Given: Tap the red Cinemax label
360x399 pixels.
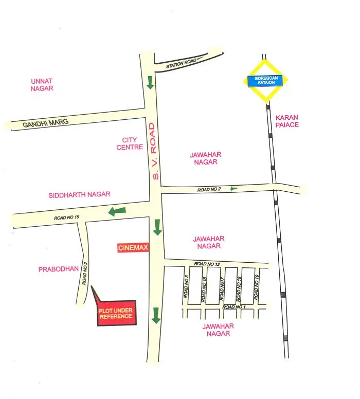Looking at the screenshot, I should coord(133,248).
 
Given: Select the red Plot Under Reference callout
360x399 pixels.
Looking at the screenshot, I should coord(116,313).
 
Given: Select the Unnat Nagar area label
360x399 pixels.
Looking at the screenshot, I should coord(42,85).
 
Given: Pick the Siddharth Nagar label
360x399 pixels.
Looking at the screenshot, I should coord(80,195).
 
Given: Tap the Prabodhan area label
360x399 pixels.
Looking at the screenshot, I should coord(58,269).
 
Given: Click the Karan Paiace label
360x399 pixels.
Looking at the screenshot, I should coord(287,121).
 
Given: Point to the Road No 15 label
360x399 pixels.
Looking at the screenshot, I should coord(66,217).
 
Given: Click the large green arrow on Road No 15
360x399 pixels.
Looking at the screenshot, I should coord(117,210).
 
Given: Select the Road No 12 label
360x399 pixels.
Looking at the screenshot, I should coord(207,264).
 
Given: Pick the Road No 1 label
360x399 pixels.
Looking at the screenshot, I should coord(233,307).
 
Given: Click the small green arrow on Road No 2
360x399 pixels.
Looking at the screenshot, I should coord(233,188).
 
